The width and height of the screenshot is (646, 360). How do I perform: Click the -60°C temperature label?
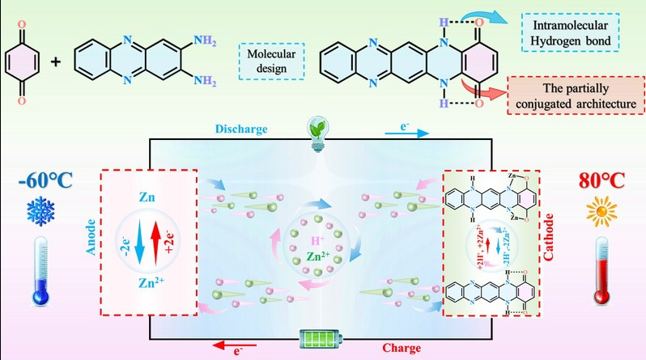[x=39, y=176]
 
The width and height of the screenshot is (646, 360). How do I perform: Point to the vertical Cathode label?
[x=555, y=243]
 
